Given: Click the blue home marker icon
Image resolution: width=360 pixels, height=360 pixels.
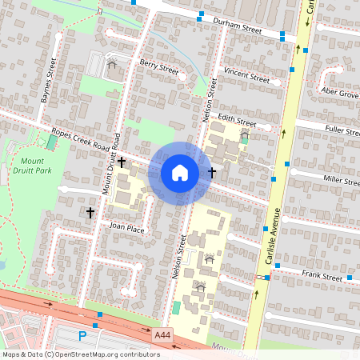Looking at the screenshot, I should [x=180, y=172].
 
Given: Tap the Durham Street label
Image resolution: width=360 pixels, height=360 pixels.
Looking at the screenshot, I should [x=244, y=28].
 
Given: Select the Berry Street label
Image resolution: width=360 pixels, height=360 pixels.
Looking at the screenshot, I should [x=158, y=70].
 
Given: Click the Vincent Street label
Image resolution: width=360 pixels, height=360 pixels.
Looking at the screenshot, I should [x=247, y=76].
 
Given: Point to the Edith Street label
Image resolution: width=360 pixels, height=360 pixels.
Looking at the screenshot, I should [x=237, y=124].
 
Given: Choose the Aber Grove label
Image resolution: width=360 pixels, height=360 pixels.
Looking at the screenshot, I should [x=339, y=94].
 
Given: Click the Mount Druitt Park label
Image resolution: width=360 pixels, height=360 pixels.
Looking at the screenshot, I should [x=32, y=165].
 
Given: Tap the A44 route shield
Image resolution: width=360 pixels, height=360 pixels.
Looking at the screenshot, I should [x=162, y=333].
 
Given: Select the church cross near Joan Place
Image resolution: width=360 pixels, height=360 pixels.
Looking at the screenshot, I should [x=90, y=212].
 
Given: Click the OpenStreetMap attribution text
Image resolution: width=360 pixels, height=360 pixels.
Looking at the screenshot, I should [x=80, y=354].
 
